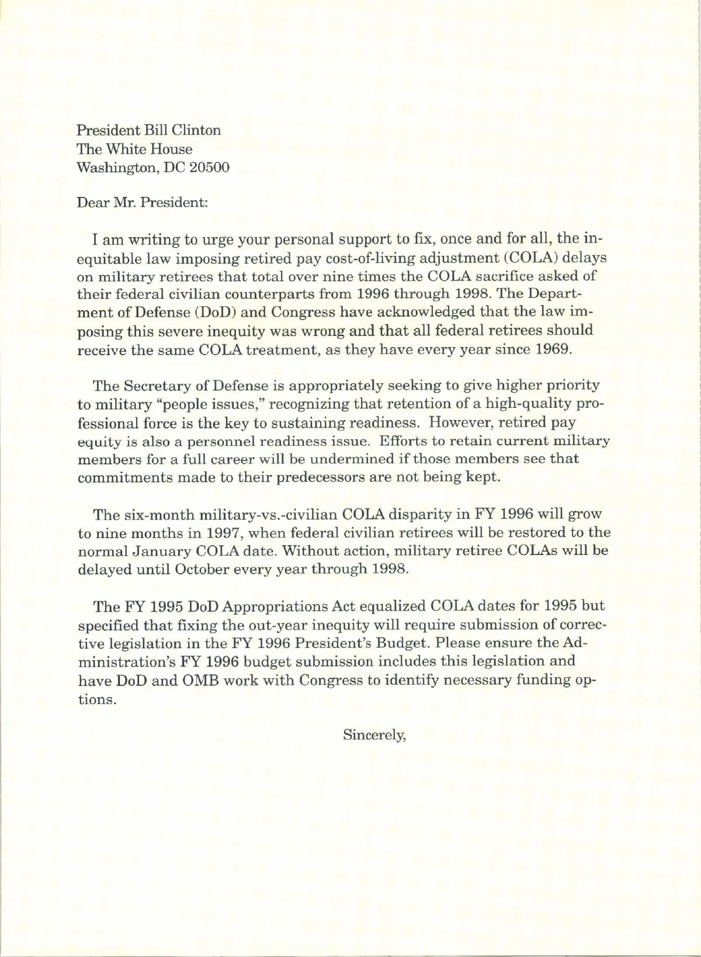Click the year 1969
(553, 349)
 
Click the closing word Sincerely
(373, 735)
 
